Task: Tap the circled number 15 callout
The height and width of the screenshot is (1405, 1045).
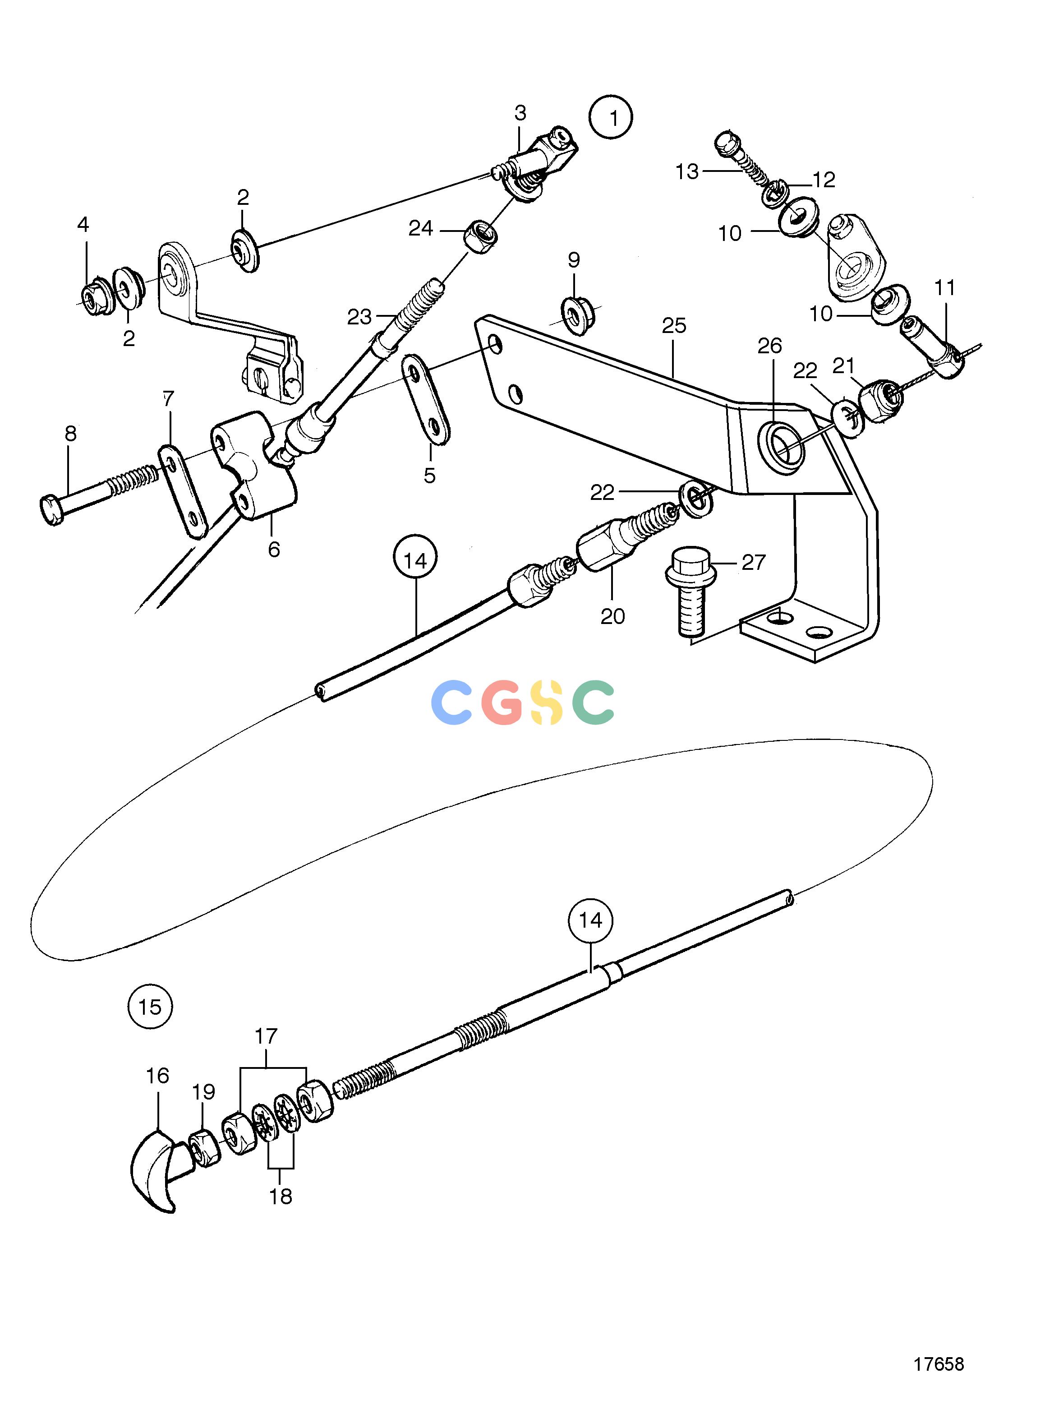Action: (150, 1006)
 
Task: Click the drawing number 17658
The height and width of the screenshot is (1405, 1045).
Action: (938, 1363)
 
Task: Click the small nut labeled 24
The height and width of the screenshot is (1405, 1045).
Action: (480, 237)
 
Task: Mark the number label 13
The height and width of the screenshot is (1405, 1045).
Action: (687, 171)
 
